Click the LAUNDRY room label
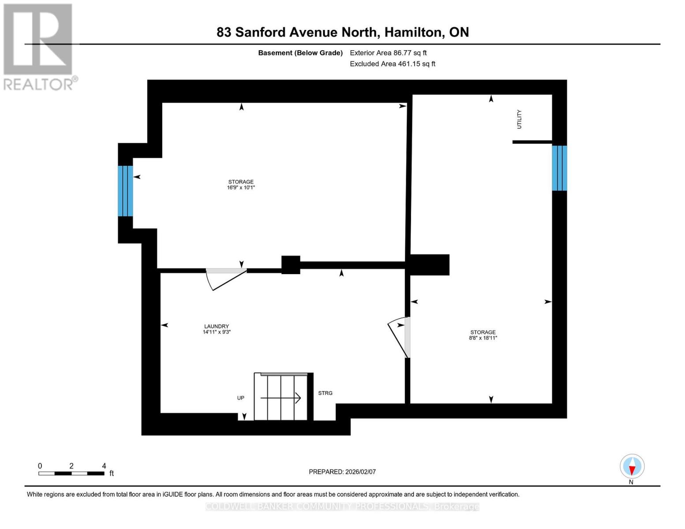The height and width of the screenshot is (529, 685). tap(216, 326)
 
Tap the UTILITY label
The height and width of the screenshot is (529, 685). tap(519, 119)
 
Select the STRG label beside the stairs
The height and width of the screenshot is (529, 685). tap(325, 393)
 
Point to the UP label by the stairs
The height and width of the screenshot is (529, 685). tap(240, 398)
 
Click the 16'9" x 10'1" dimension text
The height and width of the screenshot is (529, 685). tap(241, 187)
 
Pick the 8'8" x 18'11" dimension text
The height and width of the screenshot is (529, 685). tap(483, 338)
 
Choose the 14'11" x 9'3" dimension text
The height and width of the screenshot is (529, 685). tap(217, 332)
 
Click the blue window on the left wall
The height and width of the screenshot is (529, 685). tap(125, 191)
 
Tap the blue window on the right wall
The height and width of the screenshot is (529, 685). tap(559, 168)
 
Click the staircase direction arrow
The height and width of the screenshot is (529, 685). tap(281, 398)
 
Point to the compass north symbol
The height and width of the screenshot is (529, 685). tap(632, 466)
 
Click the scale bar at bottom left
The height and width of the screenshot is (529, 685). tap(71, 473)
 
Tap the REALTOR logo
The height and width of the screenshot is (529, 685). tap(39, 46)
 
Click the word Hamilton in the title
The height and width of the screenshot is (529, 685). tap(414, 32)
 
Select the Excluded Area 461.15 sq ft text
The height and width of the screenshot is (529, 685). tap(393, 64)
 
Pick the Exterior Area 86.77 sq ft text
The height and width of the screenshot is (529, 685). tap(388, 53)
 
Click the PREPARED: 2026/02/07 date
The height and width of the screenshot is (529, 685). tap(342, 472)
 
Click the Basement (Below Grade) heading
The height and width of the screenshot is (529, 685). tap(300, 53)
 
